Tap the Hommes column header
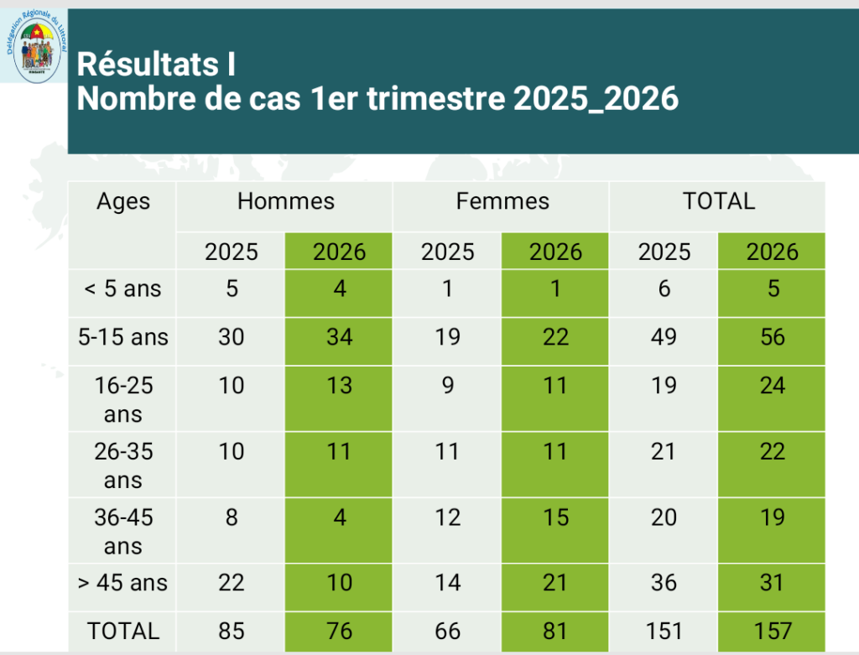[285, 201]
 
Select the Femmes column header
[502, 201]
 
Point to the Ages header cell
[123, 201]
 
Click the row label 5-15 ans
[123, 337]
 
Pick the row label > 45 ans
[123, 582]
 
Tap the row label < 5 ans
[123, 289]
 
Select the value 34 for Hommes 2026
[339, 337]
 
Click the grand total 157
[773, 631]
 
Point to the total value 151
[664, 631]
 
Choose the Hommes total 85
[232, 631]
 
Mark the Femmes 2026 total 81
[555, 631]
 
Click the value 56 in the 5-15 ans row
[773, 337]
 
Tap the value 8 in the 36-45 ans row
[232, 517]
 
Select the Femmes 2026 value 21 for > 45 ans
[555, 582]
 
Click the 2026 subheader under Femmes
[555, 252]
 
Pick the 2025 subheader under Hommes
[232, 252]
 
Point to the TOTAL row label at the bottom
[123, 631]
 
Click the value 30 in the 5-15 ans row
[232, 337]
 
